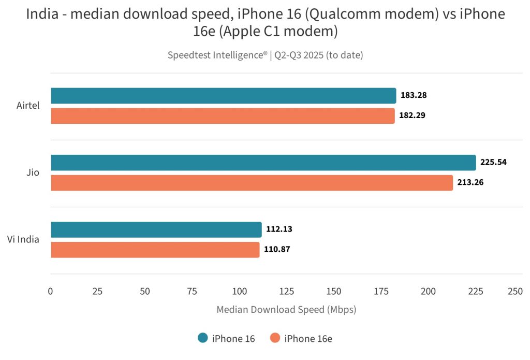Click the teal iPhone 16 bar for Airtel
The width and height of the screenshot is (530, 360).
[223, 96]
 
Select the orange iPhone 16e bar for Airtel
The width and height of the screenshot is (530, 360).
[223, 116]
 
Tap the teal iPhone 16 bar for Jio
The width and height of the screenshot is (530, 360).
[263, 163]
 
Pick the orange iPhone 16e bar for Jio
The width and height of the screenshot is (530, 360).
[252, 183]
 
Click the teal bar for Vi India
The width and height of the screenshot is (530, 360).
[156, 229]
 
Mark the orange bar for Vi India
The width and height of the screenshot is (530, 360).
[155, 250]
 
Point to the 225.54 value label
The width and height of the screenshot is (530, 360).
[493, 162]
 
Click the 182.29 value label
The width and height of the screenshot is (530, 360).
[413, 116]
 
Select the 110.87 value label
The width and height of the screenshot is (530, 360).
[277, 249]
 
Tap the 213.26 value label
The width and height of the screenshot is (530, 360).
[470, 182]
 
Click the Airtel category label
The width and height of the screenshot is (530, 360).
[27, 106]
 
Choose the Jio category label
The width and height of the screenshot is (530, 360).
[33, 172]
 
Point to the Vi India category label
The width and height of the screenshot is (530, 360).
[23, 239]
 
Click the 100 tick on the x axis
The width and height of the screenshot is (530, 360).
[240, 292]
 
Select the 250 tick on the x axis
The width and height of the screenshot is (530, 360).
[515, 292]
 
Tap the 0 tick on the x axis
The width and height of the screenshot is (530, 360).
[50, 292]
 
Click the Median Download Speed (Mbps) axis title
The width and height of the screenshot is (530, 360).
[286, 310]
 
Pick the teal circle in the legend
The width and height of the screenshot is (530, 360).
[203, 338]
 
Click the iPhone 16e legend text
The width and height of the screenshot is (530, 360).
[308, 339]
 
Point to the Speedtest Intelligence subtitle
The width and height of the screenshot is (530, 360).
[265, 55]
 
